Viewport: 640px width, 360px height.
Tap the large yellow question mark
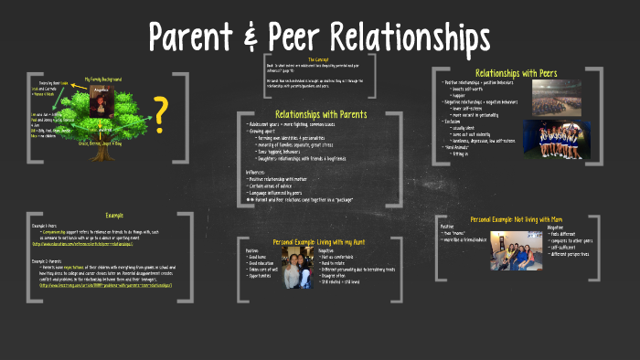coord(161,113)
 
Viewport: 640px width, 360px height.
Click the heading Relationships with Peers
coord(517,72)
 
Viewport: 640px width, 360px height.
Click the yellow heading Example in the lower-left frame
coord(113,216)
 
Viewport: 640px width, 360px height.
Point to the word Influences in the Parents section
coord(261,171)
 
